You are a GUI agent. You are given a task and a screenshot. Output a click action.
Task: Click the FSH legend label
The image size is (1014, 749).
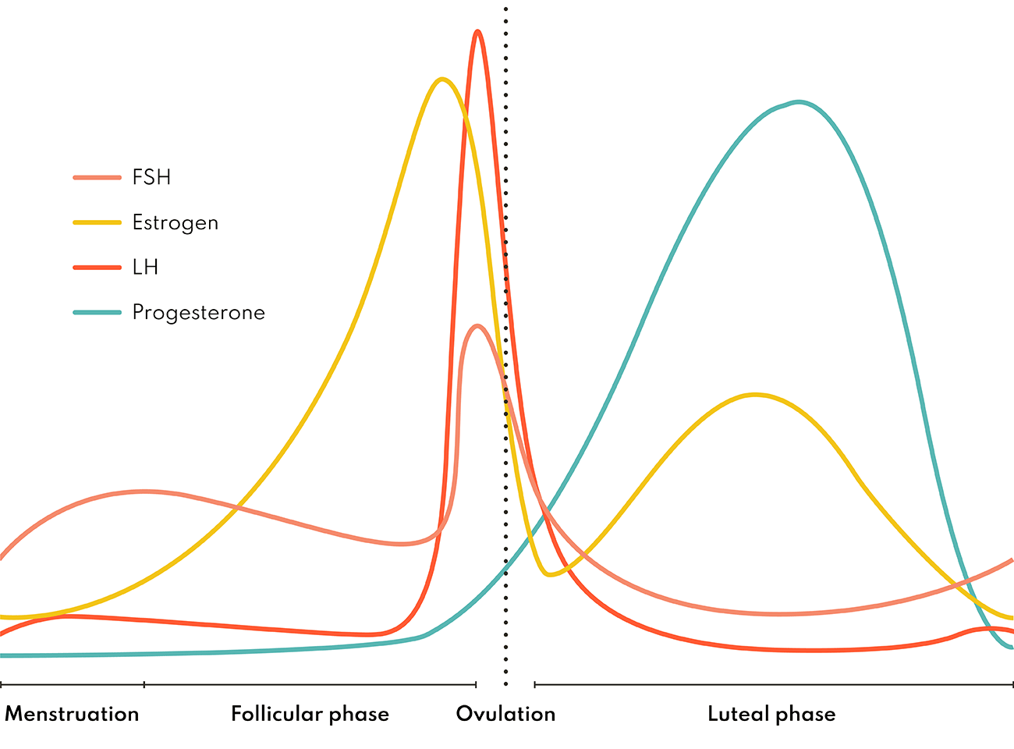[x=151, y=178]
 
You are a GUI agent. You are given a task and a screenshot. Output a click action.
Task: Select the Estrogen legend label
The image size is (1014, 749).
[x=175, y=223]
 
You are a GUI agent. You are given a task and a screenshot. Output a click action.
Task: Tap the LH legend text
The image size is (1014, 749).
[x=145, y=268]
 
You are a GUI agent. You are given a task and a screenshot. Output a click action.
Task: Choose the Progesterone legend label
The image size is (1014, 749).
[x=198, y=313]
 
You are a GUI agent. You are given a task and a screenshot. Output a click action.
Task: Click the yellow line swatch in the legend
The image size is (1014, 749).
[x=97, y=223]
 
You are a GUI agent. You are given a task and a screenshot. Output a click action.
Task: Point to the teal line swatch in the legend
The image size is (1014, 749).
[x=97, y=313]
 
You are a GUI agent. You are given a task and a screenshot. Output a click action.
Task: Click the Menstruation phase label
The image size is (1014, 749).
[x=72, y=715]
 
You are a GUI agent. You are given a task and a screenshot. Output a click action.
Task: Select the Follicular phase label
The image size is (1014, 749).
[x=310, y=715]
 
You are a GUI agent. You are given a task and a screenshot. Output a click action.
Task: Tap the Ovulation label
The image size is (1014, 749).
[x=505, y=715]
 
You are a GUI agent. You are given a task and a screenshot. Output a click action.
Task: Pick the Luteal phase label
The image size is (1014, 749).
[x=771, y=715]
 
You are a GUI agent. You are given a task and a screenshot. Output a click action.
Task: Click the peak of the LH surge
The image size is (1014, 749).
[x=477, y=32]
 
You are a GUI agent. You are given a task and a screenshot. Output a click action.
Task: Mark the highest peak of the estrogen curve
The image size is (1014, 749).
[x=442, y=79]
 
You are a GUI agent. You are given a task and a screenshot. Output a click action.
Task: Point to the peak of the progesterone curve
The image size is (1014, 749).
[x=798, y=101]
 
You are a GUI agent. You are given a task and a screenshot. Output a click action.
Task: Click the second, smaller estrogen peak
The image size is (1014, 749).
[x=754, y=395]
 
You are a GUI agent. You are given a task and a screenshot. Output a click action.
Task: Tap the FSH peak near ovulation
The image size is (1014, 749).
[x=477, y=326]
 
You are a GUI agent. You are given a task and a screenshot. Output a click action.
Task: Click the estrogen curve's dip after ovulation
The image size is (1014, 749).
[x=551, y=574]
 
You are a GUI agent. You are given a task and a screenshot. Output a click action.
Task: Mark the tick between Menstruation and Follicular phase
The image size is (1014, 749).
[x=144, y=685]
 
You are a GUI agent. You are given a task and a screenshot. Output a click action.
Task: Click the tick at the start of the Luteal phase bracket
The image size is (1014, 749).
[x=535, y=685]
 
